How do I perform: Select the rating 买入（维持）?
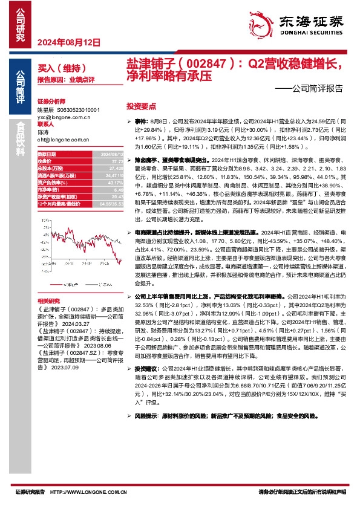pyautogui.click(x=57, y=69)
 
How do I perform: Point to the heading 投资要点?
pyautogui.click(x=142, y=105)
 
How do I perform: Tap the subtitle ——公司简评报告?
pyautogui.click(x=313, y=87)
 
